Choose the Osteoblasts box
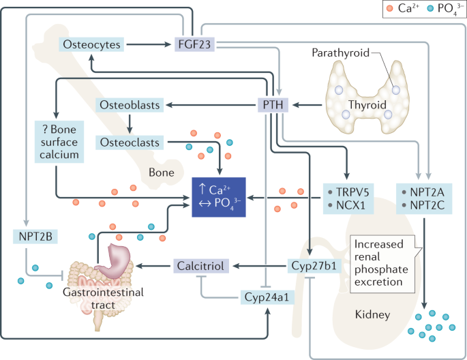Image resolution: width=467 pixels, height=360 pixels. coord(129,106)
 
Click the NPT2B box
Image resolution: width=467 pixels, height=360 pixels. coord(33,237)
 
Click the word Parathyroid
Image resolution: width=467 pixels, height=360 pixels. coord(337,52)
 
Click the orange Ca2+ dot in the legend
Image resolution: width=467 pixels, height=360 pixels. coord(391,10)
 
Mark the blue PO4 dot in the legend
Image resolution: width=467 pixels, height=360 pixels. coord(428,10)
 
